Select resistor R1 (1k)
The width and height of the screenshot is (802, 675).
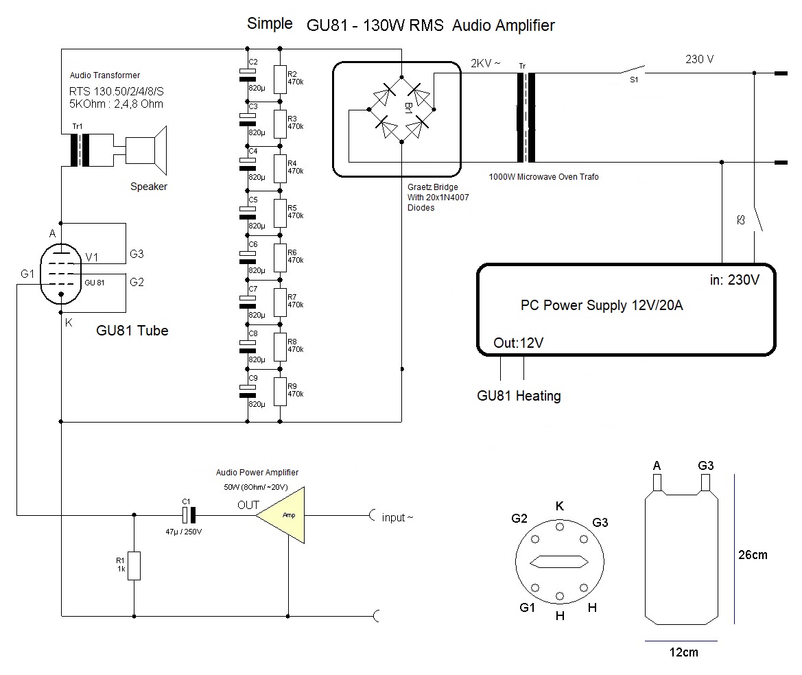(x=134, y=566)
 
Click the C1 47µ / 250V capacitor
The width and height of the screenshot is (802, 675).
(x=188, y=515)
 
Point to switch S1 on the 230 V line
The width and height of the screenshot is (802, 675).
(x=633, y=71)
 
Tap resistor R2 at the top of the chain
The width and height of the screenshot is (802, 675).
(x=280, y=79)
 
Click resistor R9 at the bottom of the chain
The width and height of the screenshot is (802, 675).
(x=280, y=391)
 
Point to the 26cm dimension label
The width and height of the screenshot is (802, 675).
(x=752, y=554)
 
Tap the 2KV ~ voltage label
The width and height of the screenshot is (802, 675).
(x=486, y=63)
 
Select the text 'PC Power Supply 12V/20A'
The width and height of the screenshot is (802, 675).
(x=602, y=305)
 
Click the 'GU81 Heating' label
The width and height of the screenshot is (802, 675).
(x=519, y=396)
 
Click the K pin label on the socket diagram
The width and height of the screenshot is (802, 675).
(x=560, y=506)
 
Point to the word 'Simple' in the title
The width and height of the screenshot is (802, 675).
(x=269, y=24)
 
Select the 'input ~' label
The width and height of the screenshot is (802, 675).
(x=397, y=517)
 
